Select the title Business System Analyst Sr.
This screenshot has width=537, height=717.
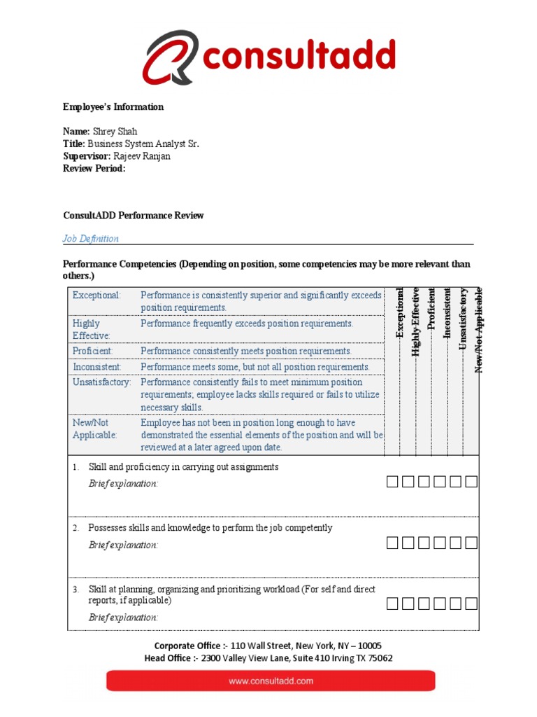143,144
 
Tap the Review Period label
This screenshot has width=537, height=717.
94,169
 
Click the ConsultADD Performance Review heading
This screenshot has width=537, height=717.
134,216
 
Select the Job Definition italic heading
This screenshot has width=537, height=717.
91,239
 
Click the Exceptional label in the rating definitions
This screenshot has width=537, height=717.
96,295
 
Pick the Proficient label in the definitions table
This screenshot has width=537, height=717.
93,351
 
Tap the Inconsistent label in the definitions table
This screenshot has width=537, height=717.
97,367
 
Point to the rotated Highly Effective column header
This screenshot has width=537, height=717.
415,322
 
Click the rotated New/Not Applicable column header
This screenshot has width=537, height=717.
479,329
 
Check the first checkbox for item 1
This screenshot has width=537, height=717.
392,482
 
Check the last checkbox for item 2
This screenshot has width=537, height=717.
472,543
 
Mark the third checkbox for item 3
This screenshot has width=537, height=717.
424,604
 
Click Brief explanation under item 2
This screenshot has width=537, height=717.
123,545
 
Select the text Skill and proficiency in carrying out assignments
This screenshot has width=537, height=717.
183,467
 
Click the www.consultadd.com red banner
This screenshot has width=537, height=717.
270,681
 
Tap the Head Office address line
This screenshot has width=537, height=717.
268,658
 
